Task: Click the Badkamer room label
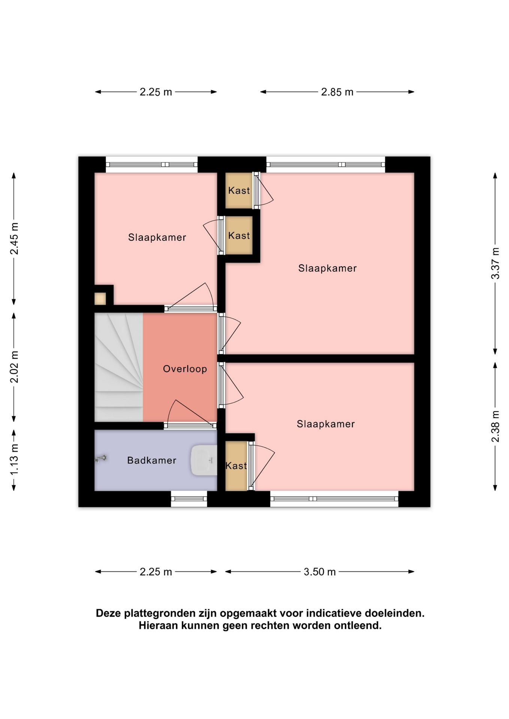[151, 460]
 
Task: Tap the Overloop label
[185, 369]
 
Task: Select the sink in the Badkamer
[204, 460]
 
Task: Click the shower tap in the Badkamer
[101, 458]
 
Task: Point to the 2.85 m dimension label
[337, 92]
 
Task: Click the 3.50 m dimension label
[319, 572]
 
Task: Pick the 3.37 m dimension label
[496, 263]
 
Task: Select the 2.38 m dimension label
[496, 426]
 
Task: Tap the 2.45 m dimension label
[14, 239]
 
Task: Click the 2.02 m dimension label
[14, 367]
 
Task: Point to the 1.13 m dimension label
[14, 459]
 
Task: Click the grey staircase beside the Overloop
[118, 367]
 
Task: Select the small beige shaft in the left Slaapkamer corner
[100, 299]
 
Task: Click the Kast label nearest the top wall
[239, 191]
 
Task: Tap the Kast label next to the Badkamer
[236, 466]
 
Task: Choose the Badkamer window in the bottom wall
[189, 499]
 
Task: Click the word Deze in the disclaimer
[108, 613]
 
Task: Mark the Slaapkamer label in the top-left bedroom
[157, 237]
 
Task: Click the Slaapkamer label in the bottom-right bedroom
[326, 424]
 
